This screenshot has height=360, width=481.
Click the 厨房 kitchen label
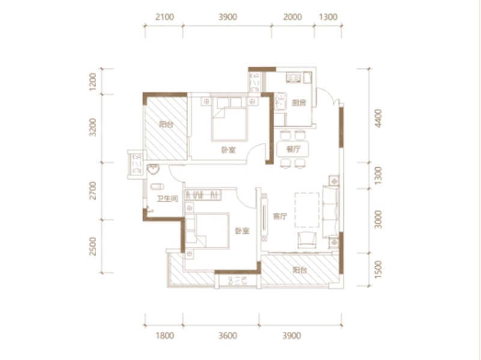pyautogui.click(x=299, y=103)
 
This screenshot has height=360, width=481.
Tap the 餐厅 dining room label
pyautogui.click(x=293, y=149)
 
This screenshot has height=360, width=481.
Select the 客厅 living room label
pyautogui.click(x=280, y=216)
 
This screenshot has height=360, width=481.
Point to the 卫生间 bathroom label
pyautogui.click(x=167, y=199)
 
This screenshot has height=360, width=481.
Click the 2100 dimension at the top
pyautogui.click(x=165, y=17)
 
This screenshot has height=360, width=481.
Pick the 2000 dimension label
pyautogui.click(x=292, y=17)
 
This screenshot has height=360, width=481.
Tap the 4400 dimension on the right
pyautogui.click(x=379, y=118)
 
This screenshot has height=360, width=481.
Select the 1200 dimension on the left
pyautogui.click(x=93, y=82)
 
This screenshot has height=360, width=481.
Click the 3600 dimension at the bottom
pyautogui.click(x=228, y=336)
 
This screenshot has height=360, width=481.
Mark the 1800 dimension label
pyautogui.click(x=165, y=336)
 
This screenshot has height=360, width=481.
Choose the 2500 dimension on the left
pyautogui.click(x=93, y=246)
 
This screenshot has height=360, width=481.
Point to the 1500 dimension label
pyautogui.click(x=379, y=269)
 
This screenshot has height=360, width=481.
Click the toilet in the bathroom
pyautogui.click(x=157, y=186)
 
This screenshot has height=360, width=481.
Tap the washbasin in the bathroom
pyautogui.click(x=153, y=169)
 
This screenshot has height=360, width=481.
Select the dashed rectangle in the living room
pyautogui.click(x=307, y=210)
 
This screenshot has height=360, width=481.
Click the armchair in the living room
pyautogui.click(x=307, y=240)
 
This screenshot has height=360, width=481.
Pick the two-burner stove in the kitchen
pyautogui.click(x=293, y=78)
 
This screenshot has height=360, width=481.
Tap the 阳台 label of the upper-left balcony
pyautogui.click(x=167, y=124)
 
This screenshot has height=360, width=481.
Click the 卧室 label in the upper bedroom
pyautogui.click(x=228, y=150)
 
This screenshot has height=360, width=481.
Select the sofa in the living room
pyautogui.click(x=331, y=212)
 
